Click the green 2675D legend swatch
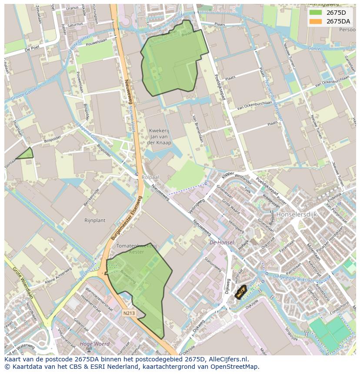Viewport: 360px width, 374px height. [316, 13]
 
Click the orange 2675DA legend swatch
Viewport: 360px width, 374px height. [316, 21]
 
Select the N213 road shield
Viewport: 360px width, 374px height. [128, 312]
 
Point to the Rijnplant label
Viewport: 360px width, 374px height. [95, 220]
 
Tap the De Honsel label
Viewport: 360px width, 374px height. [222, 242]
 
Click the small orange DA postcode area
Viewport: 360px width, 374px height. [240, 292]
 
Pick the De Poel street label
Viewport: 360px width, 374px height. [33, 50]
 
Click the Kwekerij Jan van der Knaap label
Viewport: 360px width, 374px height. [160, 136]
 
